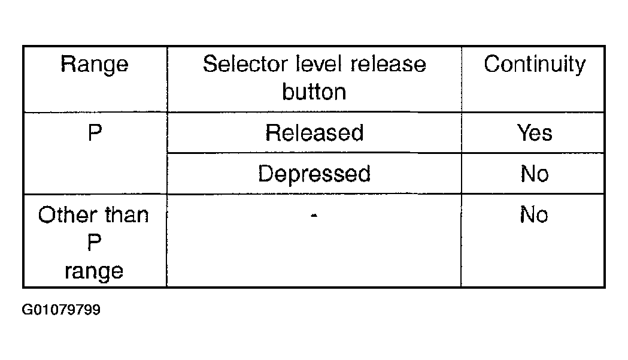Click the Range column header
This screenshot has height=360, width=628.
(95, 65)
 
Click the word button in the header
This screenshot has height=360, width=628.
(314, 92)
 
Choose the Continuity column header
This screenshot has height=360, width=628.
(535, 65)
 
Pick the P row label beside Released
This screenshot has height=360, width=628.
(95, 133)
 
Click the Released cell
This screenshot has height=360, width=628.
(314, 133)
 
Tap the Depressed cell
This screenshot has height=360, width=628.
(314, 174)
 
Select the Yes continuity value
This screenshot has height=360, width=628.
(535, 133)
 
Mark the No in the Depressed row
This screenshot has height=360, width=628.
(535, 174)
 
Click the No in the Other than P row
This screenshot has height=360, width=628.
(534, 214)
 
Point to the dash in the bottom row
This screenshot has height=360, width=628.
(314, 216)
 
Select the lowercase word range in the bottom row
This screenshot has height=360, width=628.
(94, 272)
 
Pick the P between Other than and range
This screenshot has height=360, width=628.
(95, 242)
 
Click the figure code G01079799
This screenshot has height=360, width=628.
(61, 310)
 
